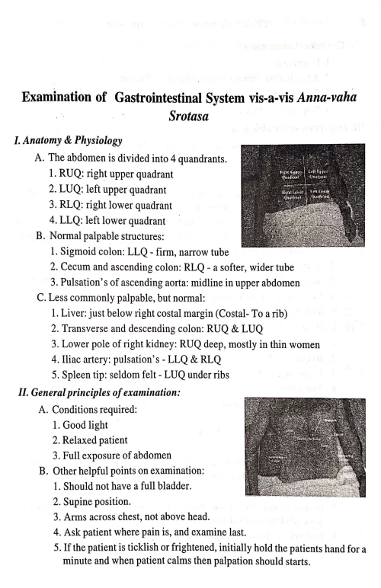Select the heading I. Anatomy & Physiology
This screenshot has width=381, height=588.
[x=64, y=142]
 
